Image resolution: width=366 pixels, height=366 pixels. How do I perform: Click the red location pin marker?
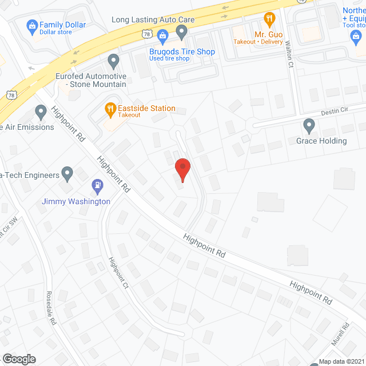pos(182,170)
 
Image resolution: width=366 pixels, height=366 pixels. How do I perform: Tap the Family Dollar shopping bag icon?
pos(33,25)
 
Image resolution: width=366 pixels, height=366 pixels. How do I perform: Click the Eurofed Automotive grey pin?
pos(113,60)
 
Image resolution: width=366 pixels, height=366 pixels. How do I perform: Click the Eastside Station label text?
pos(146,109)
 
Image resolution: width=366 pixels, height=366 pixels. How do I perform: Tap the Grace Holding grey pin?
pos(309,125)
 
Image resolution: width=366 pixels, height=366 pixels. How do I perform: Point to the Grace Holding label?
pos(321,141)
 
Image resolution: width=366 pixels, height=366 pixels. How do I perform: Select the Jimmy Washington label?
pos(76,202)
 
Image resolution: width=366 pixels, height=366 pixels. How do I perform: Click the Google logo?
pos(19,359)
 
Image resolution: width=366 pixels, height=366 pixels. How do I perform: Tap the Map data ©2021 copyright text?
pos(341,361)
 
